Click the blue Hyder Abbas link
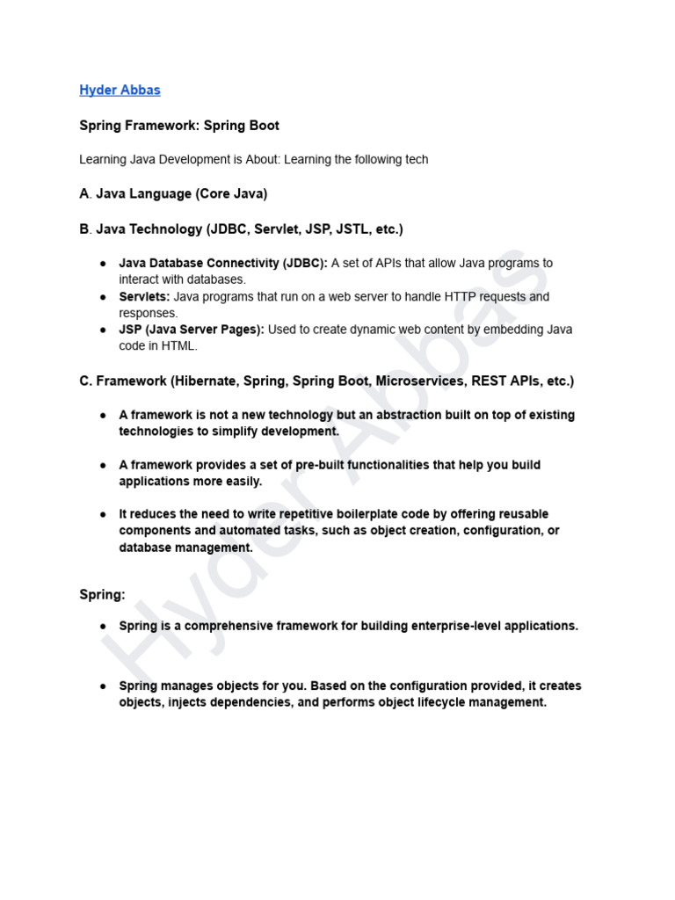point(120,90)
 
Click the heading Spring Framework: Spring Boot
point(179,126)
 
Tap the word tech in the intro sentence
point(416,159)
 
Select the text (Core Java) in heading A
point(231,193)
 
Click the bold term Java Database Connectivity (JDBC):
point(222,263)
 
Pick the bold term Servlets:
point(144,296)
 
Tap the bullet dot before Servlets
point(103,297)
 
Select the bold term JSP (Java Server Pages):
point(191,330)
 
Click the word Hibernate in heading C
point(205,381)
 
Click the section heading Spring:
point(102,595)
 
